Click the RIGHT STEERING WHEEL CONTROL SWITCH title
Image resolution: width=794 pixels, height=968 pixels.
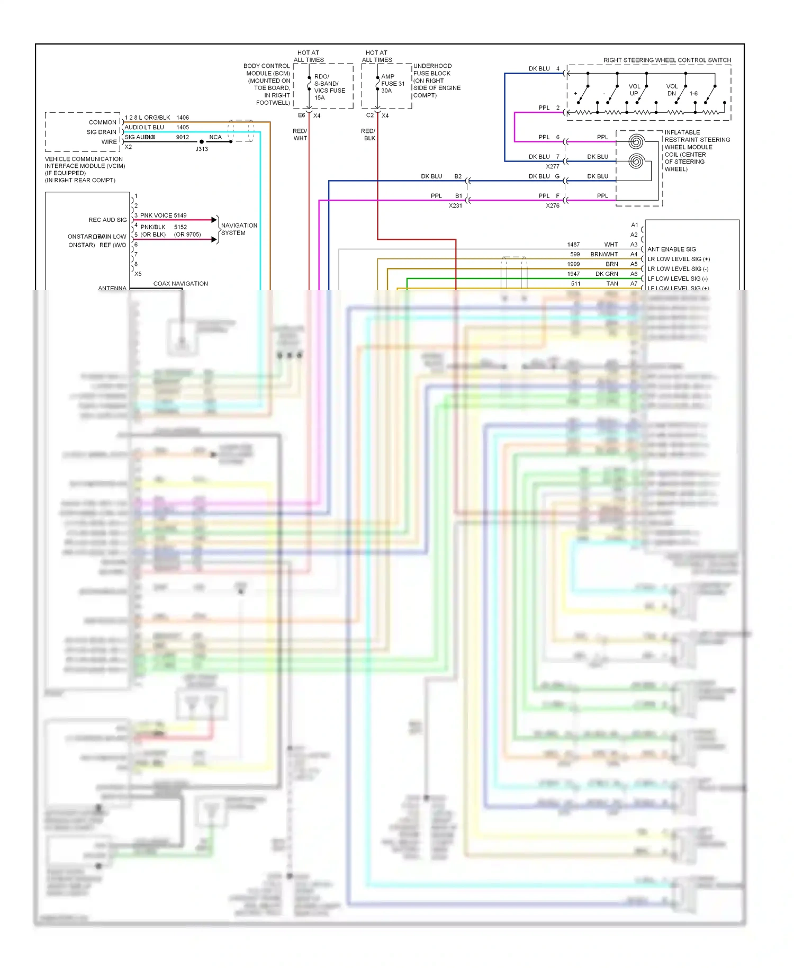click(x=667, y=60)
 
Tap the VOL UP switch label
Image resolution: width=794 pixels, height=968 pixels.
click(x=634, y=90)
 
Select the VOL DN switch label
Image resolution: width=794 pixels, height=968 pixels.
click(x=672, y=90)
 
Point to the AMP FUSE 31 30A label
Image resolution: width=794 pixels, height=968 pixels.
click(x=392, y=84)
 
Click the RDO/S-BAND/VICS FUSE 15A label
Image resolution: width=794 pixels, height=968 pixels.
click(x=329, y=87)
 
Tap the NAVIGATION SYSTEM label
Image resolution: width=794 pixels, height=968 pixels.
click(x=239, y=229)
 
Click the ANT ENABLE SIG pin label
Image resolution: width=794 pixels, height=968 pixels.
click(x=672, y=249)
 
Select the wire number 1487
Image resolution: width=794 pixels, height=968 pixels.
click(x=573, y=245)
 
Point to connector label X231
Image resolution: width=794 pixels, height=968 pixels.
click(x=455, y=206)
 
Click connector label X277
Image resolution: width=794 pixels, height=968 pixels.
click(x=553, y=167)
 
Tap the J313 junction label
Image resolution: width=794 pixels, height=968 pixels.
click(x=202, y=149)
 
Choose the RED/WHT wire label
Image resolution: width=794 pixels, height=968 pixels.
click(x=300, y=135)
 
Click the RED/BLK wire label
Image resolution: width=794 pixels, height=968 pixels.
click(x=368, y=135)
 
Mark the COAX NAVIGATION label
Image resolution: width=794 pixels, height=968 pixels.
click(x=181, y=284)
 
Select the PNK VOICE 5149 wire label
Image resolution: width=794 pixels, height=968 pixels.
click(x=163, y=216)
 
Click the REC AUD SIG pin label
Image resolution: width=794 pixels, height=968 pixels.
click(x=107, y=220)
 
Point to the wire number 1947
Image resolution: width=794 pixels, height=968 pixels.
click(x=573, y=274)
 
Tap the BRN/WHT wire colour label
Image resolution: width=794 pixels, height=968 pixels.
click(x=604, y=255)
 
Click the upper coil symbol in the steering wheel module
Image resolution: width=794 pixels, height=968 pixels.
click(x=636, y=141)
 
